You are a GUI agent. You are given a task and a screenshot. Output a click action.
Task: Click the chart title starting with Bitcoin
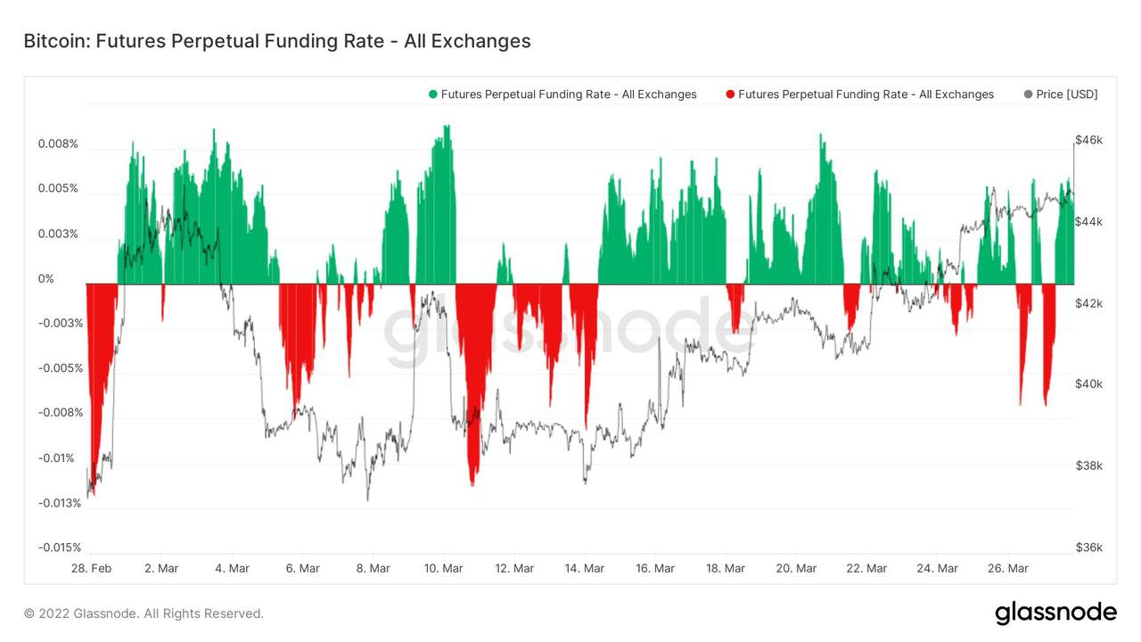click(x=276, y=41)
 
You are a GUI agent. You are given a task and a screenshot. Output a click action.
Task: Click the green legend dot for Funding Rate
click(x=433, y=94)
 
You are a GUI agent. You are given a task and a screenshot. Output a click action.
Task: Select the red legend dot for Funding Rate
click(x=731, y=94)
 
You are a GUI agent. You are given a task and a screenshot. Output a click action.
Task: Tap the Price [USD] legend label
click(x=1066, y=94)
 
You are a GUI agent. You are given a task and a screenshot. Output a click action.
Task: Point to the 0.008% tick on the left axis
click(x=58, y=144)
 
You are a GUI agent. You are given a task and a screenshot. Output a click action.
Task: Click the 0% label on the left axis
click(x=45, y=278)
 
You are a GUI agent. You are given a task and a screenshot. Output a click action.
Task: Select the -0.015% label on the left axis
click(x=59, y=547)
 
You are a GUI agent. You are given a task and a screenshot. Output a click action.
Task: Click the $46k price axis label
click(x=1088, y=140)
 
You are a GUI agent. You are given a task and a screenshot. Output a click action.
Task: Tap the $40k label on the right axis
click(x=1088, y=384)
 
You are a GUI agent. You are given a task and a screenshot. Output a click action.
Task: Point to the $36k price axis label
click(x=1088, y=547)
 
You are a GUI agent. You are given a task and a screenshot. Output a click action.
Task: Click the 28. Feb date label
click(x=91, y=568)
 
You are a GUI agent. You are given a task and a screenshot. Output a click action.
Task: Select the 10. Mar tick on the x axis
click(x=443, y=568)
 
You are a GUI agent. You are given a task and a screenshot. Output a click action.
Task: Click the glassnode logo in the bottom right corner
click(x=1055, y=613)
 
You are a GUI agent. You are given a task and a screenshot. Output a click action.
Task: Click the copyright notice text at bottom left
click(x=144, y=613)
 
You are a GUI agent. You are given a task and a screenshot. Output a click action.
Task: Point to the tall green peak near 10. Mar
click(x=447, y=127)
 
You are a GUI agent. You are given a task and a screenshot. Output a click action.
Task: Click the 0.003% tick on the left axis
click(x=58, y=234)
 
